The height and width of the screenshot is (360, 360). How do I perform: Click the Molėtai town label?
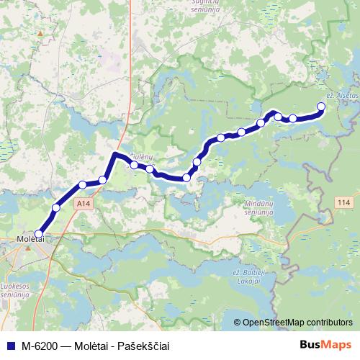pos(30,240)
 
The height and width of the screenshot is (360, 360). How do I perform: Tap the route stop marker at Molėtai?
pos(39,233)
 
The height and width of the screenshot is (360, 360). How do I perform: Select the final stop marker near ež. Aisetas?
pos(321,107)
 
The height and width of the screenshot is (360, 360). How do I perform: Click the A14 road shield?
pos(83,204)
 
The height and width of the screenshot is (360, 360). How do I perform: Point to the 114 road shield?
pos(343,204)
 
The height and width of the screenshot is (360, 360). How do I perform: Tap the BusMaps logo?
pos(325,345)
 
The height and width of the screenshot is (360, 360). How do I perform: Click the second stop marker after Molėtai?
pos(83,185)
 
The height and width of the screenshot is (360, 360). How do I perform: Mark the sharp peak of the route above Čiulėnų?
pos(115,153)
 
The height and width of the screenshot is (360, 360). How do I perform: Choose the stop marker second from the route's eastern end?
pos(293,118)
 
